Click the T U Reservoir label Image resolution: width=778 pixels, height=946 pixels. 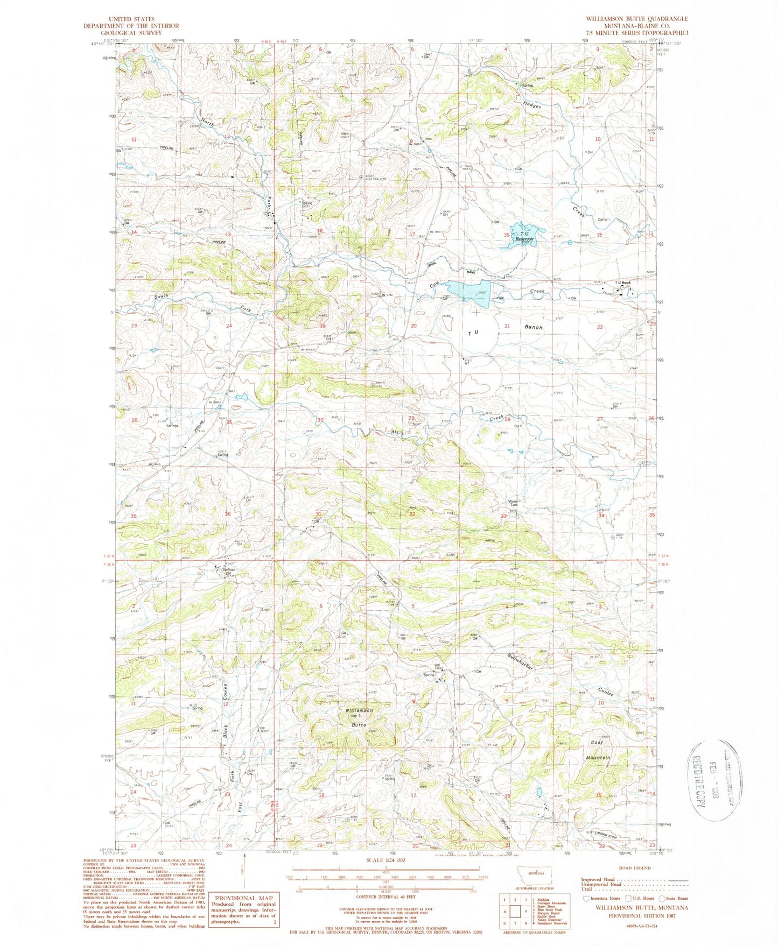click(x=523, y=235)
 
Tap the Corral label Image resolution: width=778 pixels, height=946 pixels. click(x=603, y=219)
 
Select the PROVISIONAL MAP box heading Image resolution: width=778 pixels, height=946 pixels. click(x=245, y=898)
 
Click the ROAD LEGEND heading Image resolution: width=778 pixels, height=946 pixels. click(x=635, y=867)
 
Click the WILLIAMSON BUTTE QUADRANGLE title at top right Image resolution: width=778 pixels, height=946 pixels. click(x=637, y=19)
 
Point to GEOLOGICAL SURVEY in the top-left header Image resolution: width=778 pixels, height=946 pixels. click(x=131, y=32)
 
